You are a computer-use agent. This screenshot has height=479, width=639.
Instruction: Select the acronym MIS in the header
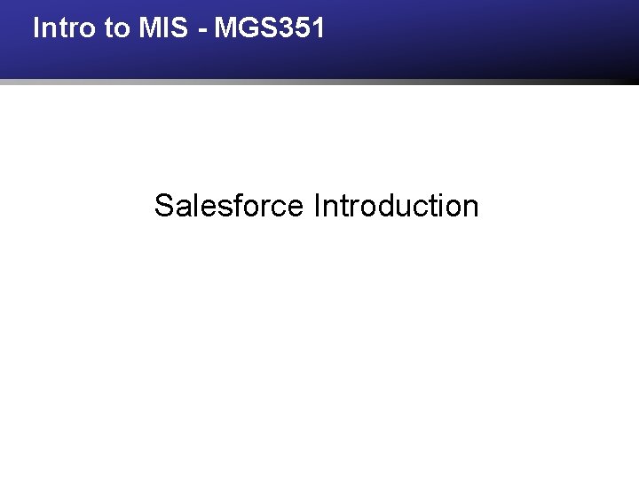(162, 28)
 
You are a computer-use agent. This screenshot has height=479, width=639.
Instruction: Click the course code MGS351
(270, 28)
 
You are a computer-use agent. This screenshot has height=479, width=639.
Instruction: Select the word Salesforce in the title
(229, 206)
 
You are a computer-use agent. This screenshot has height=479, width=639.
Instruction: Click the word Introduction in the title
(396, 206)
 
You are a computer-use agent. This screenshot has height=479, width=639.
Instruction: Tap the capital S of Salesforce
(164, 206)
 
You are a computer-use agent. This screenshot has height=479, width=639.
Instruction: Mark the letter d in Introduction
(392, 206)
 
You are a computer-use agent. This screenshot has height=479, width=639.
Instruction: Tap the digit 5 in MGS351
(303, 28)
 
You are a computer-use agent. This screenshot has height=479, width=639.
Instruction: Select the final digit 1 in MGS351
(318, 28)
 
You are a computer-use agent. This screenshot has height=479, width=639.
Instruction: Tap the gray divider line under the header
(319, 82)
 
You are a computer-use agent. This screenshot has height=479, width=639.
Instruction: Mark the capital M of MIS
(148, 28)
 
